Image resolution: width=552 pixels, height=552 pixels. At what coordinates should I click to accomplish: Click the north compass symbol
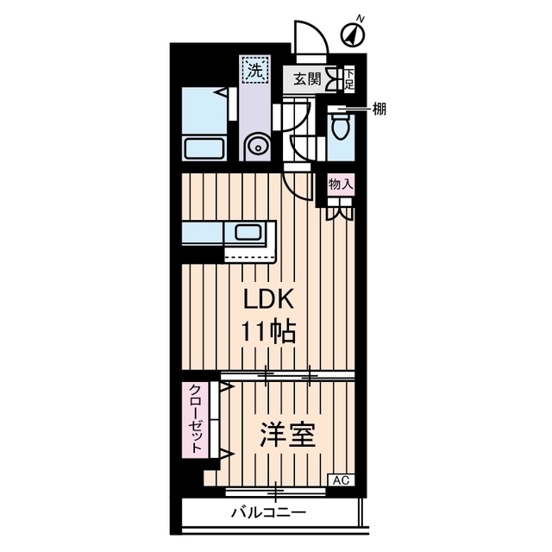(x=354, y=34)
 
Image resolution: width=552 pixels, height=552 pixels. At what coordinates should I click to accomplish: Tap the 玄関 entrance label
(x=306, y=79)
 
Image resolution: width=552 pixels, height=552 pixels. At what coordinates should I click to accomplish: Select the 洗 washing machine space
(x=254, y=71)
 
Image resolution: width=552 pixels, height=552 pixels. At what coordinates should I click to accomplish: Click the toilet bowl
(x=340, y=129)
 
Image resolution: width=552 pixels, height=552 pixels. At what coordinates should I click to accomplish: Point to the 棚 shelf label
(x=379, y=109)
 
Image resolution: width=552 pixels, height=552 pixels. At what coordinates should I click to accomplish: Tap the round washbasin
(x=256, y=147)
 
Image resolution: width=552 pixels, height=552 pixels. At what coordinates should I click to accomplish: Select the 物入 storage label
(x=340, y=184)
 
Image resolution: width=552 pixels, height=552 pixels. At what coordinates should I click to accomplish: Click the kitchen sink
(x=251, y=233)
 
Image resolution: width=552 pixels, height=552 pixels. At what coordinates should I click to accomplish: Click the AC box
(x=341, y=480)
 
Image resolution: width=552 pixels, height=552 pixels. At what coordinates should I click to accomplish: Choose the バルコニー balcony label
(x=267, y=512)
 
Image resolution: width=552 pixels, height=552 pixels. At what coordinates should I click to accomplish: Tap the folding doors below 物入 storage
(x=339, y=210)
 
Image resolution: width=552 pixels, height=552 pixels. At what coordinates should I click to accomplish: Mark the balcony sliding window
(x=276, y=492)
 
